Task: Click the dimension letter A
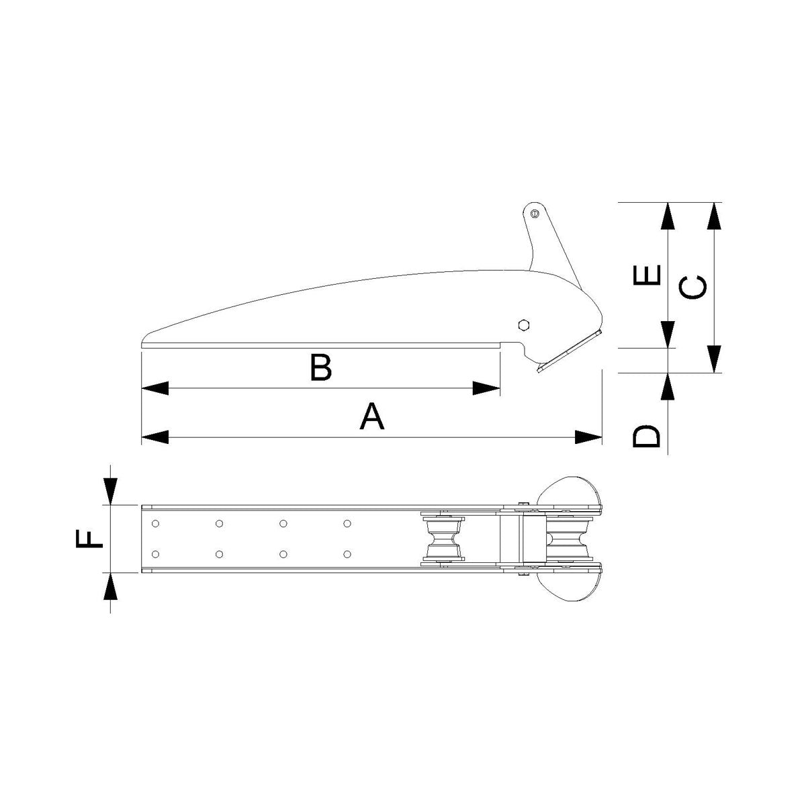pos(372,416)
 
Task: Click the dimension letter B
pos(321,368)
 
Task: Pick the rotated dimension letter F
pos(89,538)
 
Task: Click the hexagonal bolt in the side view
pos(524,325)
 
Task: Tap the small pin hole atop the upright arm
pos(534,214)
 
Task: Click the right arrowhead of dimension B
pos(487,388)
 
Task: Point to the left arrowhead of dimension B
pos(154,388)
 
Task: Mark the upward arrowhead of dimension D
pos(668,386)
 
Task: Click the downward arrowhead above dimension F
pos(111,491)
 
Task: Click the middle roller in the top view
pos(443,538)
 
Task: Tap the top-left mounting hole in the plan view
pos(156,523)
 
